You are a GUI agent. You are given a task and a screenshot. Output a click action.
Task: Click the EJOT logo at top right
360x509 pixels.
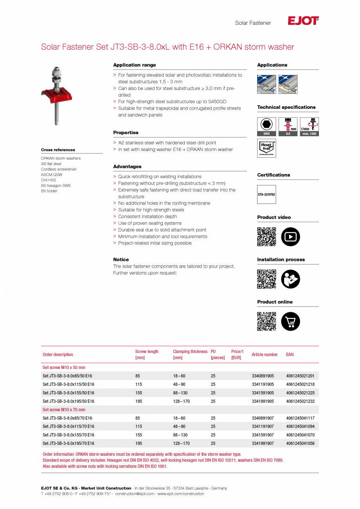click(303, 21)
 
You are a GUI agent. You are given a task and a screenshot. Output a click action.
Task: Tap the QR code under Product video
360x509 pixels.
click(266, 237)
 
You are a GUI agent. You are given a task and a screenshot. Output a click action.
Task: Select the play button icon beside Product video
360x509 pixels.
click(290, 237)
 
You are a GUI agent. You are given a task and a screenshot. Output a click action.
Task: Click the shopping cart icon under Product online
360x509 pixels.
click(290, 321)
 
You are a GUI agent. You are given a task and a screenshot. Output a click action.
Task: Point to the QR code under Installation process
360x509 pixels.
click(266, 279)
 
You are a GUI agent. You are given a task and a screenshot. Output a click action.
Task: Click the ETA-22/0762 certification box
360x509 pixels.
click(266, 194)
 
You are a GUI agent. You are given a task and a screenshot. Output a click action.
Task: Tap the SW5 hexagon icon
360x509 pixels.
click(266, 126)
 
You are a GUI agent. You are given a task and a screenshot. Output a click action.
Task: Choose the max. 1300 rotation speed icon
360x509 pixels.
click(309, 126)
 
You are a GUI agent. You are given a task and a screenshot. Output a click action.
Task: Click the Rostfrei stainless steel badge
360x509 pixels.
click(266, 148)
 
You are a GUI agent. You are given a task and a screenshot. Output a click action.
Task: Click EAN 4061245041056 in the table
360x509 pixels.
click(300, 444)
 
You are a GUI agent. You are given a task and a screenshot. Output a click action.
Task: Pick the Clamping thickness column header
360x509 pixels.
click(190, 354)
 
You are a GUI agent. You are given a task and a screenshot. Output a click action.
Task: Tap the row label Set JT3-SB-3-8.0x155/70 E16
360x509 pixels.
click(68, 435)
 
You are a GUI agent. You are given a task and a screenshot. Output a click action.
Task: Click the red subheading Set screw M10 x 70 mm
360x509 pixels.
click(64, 410)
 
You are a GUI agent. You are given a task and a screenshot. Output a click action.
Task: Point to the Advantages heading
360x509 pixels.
click(127, 167)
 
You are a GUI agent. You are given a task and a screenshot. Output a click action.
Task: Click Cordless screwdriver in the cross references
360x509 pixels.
click(59, 169)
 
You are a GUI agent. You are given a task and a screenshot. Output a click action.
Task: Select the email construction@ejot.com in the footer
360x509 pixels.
click(135, 494)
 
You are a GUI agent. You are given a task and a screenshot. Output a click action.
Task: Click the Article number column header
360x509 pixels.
click(265, 354)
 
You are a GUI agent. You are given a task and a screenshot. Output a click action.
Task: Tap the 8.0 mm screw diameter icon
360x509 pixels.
click(288, 126)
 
